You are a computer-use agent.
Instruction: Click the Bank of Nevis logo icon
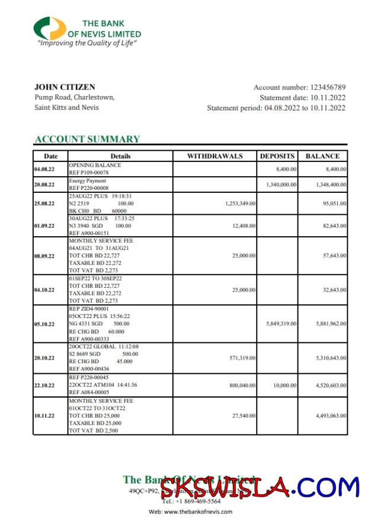click(50, 28)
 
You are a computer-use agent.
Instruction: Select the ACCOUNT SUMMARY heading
click(87, 139)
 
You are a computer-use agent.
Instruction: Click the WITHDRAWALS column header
click(215, 156)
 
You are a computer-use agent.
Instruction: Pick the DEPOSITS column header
click(277, 156)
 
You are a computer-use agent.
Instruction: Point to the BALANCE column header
click(322, 156)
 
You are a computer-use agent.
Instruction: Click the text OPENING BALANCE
click(95, 165)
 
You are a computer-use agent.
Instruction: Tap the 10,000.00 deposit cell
click(284, 385)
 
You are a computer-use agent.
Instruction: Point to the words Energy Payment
click(88, 180)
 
